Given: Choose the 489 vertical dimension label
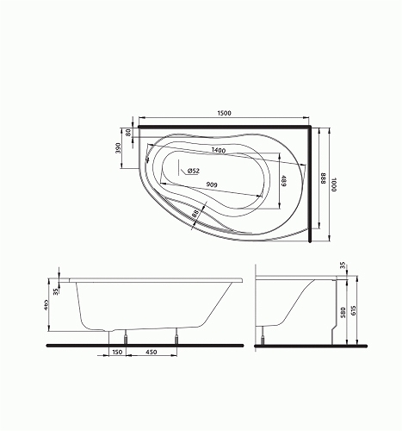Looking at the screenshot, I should click(283, 183).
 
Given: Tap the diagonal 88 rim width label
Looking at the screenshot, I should click(196, 211).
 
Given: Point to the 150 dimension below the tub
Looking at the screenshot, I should click(114, 352).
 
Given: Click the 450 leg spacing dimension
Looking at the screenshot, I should click(152, 352).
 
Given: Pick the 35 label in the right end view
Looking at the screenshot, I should click(343, 266).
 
